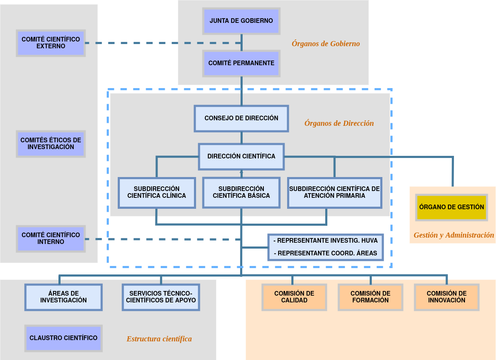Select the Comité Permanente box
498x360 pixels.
click(x=241, y=63)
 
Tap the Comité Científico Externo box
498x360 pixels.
click(x=51, y=43)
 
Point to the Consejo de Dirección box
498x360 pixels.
click(x=241, y=118)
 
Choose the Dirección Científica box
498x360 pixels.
click(x=241, y=156)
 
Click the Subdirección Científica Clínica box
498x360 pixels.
click(x=157, y=193)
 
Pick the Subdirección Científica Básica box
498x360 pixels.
click(x=241, y=193)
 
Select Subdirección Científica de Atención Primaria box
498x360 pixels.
click(x=335, y=193)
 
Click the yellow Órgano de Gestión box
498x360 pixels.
click(x=451, y=208)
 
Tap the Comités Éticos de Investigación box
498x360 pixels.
click(x=51, y=144)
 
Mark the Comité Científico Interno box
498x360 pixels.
click(x=51, y=238)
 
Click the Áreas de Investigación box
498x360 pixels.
click(x=64, y=297)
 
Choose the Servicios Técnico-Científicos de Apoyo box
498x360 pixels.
click(x=161, y=297)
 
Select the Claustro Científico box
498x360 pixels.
click(x=64, y=338)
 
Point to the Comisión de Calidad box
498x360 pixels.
click(x=294, y=297)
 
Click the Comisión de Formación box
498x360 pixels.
click(x=371, y=297)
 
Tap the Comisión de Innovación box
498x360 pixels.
click(x=447, y=297)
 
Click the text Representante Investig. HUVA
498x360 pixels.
click(x=325, y=241)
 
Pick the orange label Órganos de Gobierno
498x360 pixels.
click(x=326, y=44)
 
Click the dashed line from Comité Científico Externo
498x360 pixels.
click(x=161, y=43)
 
